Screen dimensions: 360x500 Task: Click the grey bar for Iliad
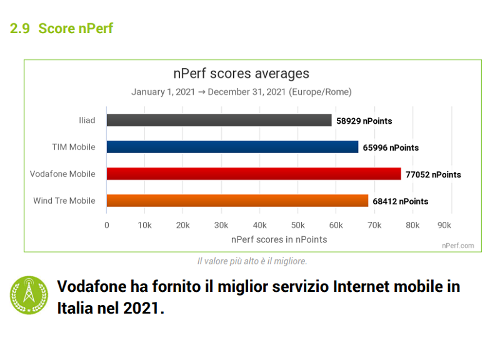pos(219,121)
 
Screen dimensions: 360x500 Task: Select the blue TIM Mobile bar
pos(232,147)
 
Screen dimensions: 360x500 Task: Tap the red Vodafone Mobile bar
pos(253,174)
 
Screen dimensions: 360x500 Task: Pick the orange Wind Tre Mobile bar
pos(237,201)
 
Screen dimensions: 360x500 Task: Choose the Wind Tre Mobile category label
pos(64,201)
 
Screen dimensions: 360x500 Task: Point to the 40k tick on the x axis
pos(259,225)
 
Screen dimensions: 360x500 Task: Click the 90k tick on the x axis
pos(444,225)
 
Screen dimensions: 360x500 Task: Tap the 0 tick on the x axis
pos(107,225)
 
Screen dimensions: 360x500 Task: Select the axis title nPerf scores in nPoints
pos(279,239)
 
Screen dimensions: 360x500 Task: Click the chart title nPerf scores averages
pos(241,74)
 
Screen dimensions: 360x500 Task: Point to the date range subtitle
pos(241,92)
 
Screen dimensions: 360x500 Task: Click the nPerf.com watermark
pos(459,246)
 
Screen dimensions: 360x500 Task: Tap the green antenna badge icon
pos(29,295)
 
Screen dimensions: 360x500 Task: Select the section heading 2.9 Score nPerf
pos(61,28)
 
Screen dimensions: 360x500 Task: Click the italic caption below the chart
pos(252,261)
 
